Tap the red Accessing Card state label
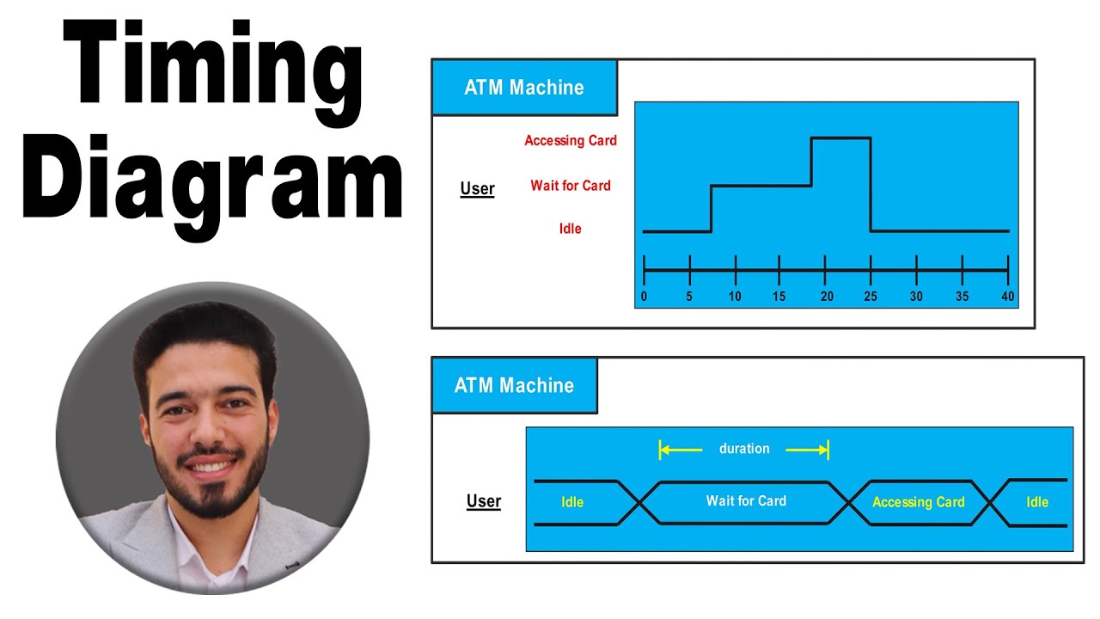(x=571, y=140)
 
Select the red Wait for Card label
(x=571, y=185)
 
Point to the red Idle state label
(x=571, y=229)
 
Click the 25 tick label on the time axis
(x=871, y=297)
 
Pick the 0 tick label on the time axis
(x=644, y=297)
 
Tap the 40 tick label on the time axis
(x=1007, y=297)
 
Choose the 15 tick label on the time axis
(x=779, y=297)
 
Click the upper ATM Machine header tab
(x=524, y=88)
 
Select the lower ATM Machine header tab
(x=514, y=385)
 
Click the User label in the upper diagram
(x=477, y=189)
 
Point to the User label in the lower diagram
(x=484, y=501)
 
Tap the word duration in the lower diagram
(x=744, y=449)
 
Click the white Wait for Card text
(x=746, y=500)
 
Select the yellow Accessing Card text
(x=918, y=502)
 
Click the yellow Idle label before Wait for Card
(x=572, y=502)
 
